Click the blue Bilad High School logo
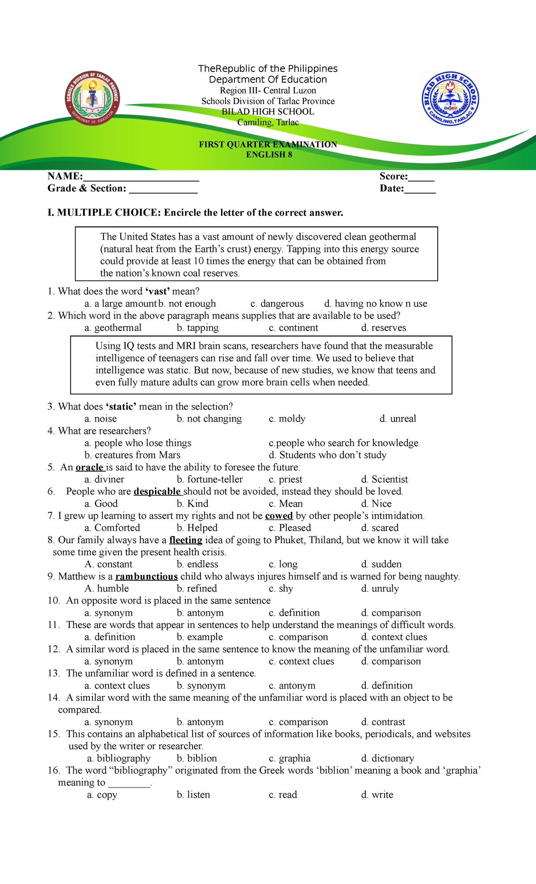tap(451, 99)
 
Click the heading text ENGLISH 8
tap(269, 155)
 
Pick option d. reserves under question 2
tap(384, 328)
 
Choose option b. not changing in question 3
tap(209, 419)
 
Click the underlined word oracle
tap(90, 467)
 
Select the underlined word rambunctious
tap(147, 577)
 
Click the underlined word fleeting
tap(186, 540)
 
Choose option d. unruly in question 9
tap(380, 589)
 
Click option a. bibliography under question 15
tap(119, 758)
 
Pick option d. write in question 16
tap(377, 795)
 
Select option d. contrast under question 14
tap(383, 722)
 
